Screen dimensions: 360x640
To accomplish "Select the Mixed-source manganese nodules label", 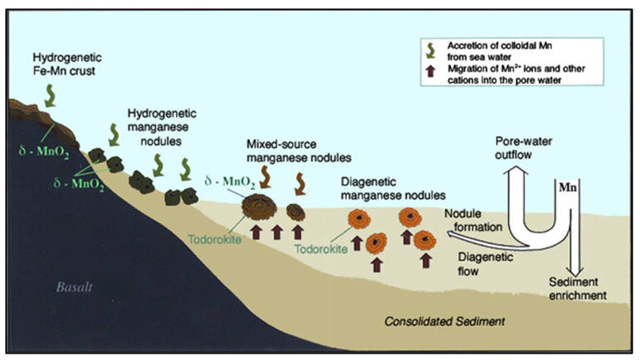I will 273,150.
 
